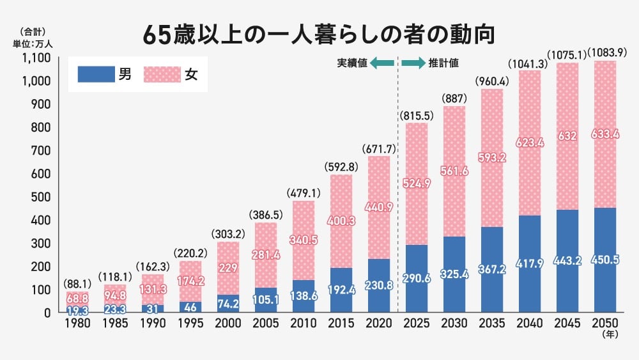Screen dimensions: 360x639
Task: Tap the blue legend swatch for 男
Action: click(95, 75)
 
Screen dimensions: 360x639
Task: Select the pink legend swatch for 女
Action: click(162, 75)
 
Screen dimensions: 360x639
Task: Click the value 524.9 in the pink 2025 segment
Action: click(417, 184)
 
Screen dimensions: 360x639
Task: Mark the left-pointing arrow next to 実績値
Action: click(382, 63)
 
